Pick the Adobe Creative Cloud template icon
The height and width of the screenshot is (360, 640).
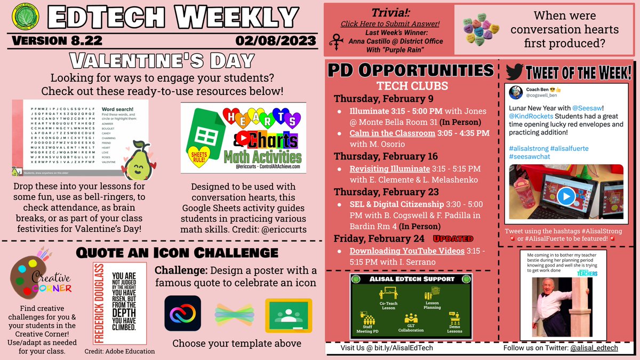(183, 316)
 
